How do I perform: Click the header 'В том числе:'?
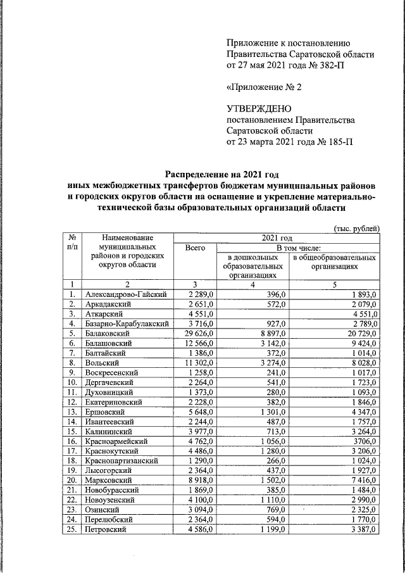pos(297,249)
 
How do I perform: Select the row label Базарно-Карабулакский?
pos(127,323)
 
